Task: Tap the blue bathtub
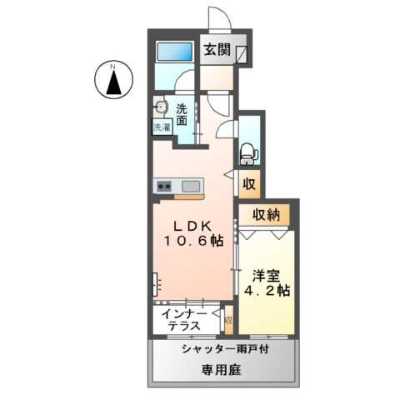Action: pos(175,52)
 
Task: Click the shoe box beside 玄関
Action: pos(242,54)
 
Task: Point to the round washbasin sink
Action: pos(159,107)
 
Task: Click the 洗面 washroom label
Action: pos(181,114)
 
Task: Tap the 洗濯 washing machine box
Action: pos(161,127)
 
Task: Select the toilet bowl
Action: pos(247,152)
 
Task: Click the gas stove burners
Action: pos(162,186)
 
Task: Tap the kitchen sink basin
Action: pos(190,186)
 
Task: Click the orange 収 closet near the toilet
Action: pos(248,183)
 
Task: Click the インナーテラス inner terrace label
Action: pos(184,320)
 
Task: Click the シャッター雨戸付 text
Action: pos(222,351)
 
